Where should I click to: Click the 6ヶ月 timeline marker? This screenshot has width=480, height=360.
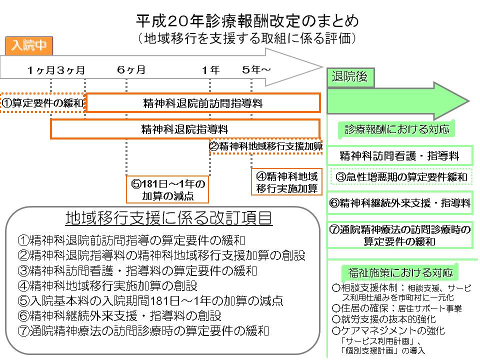pyautogui.click(x=131, y=70)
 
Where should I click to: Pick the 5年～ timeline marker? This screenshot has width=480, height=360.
pyautogui.click(x=255, y=70)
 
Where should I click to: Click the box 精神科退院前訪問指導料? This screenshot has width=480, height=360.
pyautogui.click(x=202, y=103)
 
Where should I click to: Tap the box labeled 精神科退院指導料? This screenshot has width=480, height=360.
pyautogui.click(x=184, y=129)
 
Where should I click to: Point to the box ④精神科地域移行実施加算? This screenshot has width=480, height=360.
pyautogui.click(x=286, y=182)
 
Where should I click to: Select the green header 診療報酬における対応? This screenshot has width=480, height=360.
pyautogui.click(x=397, y=129)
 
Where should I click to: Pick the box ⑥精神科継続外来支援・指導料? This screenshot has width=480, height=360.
pyautogui.click(x=399, y=203)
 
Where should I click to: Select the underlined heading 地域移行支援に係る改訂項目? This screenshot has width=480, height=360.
pyautogui.click(x=169, y=218)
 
